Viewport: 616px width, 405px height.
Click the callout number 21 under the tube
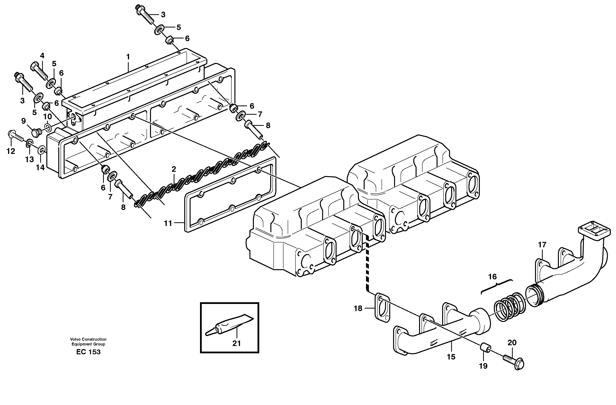coord(236,344)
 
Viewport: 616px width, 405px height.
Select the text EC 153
coord(88,352)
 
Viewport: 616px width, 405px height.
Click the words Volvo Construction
coord(88,339)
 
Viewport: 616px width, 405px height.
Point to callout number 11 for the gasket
coord(168,223)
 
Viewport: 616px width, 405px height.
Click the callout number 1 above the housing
coord(128,57)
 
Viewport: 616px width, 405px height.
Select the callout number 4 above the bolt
coord(42,56)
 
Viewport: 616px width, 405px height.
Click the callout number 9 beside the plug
coord(23,121)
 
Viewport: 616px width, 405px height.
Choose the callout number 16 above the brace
coord(492,277)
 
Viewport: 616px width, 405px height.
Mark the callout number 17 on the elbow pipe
coord(542,244)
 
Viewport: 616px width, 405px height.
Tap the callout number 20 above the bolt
coord(512,343)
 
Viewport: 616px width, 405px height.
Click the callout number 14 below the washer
coord(40,167)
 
